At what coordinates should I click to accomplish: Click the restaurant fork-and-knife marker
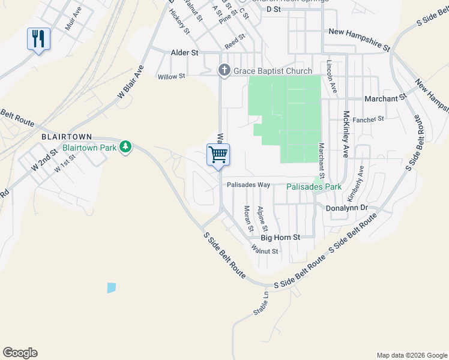point(38,40)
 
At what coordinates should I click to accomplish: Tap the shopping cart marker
point(218,155)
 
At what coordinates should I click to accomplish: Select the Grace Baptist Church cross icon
point(224,71)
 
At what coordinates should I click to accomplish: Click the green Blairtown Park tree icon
point(125,146)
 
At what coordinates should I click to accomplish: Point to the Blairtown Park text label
point(90,146)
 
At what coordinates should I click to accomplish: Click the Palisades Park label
point(313,187)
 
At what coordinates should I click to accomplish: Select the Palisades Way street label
point(248,185)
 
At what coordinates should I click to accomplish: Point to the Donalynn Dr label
point(346,208)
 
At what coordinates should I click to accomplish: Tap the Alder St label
point(185,53)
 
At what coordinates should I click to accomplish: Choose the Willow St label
point(172,77)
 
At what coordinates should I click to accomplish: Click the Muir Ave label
point(72,28)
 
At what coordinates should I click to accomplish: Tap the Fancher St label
point(368,119)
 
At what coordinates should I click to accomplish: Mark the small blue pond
point(111,287)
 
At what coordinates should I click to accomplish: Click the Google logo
point(20,353)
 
